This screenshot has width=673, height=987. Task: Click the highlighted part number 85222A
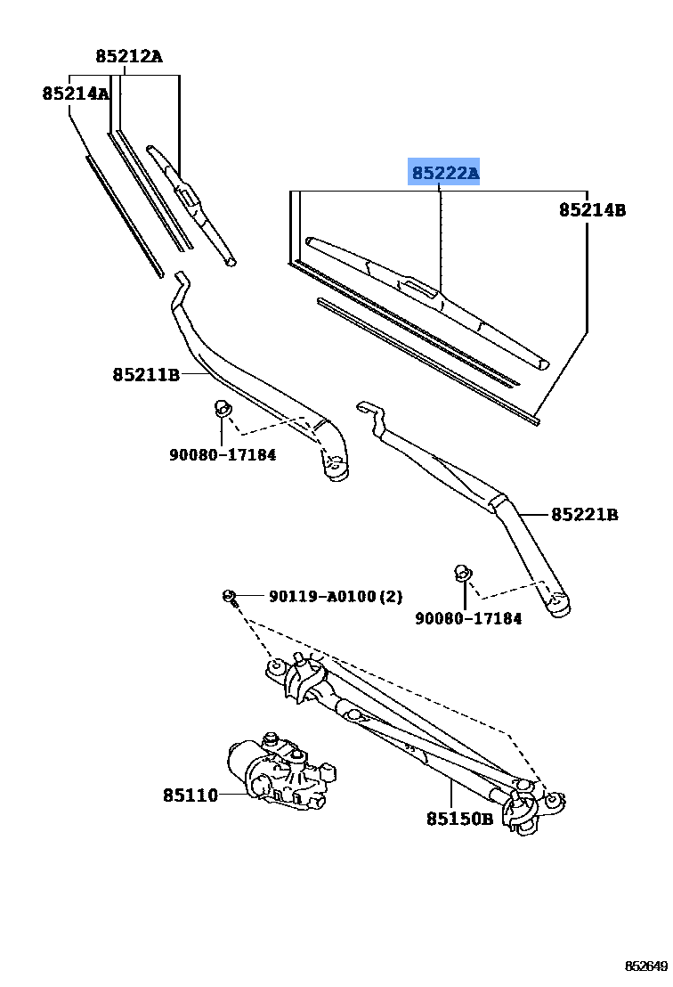click(x=444, y=173)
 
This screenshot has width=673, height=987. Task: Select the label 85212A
click(x=129, y=57)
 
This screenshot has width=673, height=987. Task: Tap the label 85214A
click(x=76, y=94)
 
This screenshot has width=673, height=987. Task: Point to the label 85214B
click(x=592, y=210)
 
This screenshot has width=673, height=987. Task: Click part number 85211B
click(x=146, y=375)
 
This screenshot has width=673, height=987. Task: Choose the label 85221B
click(x=584, y=514)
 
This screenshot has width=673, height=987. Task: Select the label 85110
click(x=190, y=795)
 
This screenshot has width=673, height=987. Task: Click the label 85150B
click(x=458, y=819)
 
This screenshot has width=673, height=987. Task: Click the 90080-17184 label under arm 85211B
click(x=223, y=454)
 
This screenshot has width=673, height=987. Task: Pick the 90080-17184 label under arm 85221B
click(x=468, y=618)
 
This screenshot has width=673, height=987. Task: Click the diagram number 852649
click(x=645, y=967)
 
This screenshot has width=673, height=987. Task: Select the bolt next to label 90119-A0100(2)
click(x=230, y=596)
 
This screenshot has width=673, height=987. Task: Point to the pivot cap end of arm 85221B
click(x=559, y=605)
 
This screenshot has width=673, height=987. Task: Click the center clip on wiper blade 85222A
click(x=418, y=287)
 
